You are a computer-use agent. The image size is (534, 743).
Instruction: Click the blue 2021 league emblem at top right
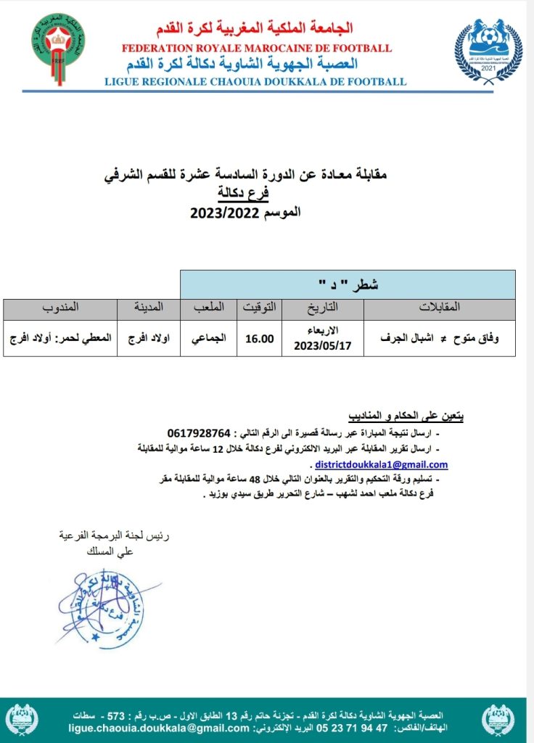(488, 52)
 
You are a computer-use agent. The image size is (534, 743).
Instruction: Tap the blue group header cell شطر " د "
(348, 284)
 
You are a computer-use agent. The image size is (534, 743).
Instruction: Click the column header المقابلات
(440, 308)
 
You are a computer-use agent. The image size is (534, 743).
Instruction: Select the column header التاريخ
(323, 308)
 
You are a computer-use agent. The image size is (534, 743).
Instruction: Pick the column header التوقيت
(259, 308)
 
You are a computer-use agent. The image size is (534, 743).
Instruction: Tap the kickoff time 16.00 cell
(260, 338)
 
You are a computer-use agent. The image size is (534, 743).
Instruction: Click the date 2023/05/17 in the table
(322, 345)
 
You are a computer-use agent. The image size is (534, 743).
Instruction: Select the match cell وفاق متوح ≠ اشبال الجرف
(440, 338)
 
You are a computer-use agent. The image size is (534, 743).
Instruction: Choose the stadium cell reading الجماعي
(209, 338)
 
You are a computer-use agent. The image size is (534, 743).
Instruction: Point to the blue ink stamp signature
(102, 607)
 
